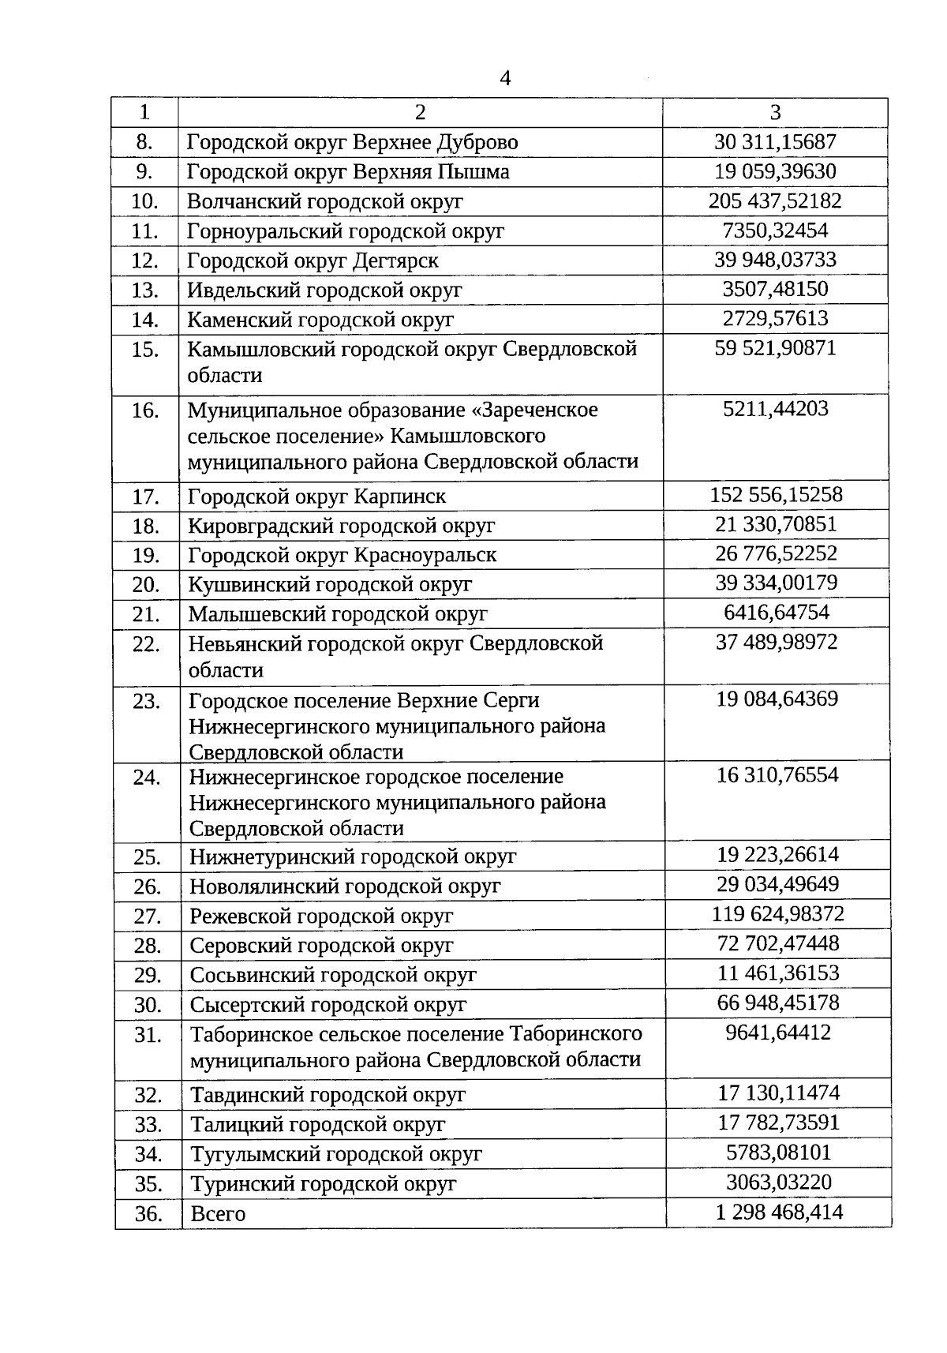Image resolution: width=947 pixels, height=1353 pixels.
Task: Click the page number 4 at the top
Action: point(505,78)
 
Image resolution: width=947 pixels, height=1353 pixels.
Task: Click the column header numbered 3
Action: point(775,112)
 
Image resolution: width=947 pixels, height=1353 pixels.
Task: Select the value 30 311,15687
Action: point(775,142)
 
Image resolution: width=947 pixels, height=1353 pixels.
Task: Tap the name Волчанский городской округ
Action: point(324,201)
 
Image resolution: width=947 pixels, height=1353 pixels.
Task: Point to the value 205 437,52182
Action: point(775,201)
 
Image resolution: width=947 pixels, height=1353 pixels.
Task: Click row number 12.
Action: point(145,260)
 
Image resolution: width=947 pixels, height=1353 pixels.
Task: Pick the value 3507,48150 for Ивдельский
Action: point(775,289)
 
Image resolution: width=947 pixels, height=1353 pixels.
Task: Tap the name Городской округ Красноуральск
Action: point(342,555)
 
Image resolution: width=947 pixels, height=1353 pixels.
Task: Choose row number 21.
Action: point(146,614)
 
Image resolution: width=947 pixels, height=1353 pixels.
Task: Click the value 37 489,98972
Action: point(777,642)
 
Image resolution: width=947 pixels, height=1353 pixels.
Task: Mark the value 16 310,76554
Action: point(777,774)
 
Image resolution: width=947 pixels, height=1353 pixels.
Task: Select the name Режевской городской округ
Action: point(321,916)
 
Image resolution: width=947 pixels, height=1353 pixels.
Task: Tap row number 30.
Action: point(148,1005)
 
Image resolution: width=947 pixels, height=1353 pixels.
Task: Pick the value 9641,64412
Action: point(778,1033)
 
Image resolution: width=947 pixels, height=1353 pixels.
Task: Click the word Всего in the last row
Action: point(218,1213)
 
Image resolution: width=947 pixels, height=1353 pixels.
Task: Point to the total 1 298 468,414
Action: point(779,1212)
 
